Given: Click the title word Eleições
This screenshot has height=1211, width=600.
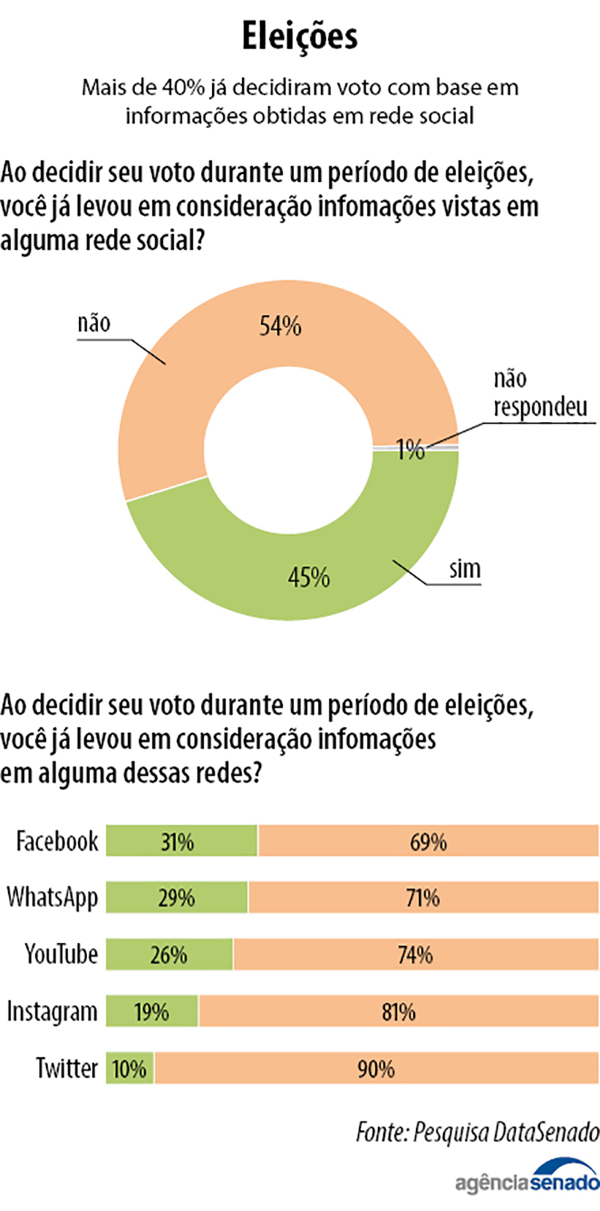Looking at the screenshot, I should (300, 37).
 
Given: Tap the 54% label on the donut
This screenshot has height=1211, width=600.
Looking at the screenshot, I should (280, 326).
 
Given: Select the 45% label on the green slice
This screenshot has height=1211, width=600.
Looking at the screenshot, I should (309, 577).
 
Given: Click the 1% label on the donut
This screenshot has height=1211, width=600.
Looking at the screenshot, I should (410, 450).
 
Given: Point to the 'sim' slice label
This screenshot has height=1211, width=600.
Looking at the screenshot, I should (465, 569).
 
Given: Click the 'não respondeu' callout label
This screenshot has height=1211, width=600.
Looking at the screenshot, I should (539, 393).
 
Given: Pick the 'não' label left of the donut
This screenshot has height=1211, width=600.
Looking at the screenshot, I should (94, 323).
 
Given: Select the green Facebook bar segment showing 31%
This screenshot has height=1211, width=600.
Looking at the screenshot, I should (181, 841).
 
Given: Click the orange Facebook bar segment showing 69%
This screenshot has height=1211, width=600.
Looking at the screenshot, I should (428, 841).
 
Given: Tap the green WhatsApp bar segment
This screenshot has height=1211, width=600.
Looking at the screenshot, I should (176, 898).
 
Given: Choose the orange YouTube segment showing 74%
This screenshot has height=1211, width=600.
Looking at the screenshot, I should (415, 955).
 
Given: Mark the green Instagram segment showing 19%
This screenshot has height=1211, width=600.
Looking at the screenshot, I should (151, 1012).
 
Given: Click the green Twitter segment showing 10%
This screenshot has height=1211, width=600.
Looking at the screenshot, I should (129, 1069).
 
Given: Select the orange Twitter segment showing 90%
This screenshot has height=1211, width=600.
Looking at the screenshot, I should (376, 1069).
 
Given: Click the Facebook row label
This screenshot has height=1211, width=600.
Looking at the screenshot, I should (57, 841).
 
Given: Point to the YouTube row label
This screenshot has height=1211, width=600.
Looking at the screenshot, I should (61, 954).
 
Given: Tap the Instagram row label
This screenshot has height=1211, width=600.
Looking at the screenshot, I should (52, 1012).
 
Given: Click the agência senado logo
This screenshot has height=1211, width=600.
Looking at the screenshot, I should (527, 1180).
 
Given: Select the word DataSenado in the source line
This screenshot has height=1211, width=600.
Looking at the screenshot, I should (545, 1131).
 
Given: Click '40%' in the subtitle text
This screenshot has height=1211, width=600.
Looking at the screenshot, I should (184, 88).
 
